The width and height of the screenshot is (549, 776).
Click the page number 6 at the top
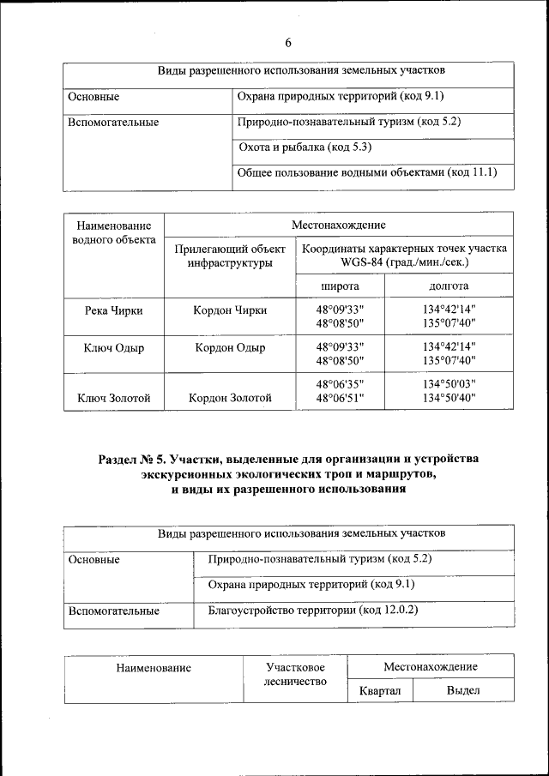[288, 43]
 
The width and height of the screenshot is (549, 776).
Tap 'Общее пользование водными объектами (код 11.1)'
[367, 173]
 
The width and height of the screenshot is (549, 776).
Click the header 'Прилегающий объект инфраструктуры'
[230, 256]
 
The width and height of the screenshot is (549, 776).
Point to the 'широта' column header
[340, 286]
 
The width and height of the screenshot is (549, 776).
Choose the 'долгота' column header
[449, 286]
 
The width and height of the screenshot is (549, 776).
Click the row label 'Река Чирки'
[114, 310]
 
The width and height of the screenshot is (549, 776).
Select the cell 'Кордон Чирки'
[230, 310]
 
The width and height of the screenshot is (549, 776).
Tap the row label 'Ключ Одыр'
[114, 348]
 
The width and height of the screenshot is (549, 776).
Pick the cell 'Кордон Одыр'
[230, 348]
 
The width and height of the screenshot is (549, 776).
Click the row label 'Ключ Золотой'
[114, 398]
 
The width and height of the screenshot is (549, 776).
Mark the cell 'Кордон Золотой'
[230, 398]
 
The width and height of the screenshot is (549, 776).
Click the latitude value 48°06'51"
[340, 398]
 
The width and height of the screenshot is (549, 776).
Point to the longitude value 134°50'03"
[449, 383]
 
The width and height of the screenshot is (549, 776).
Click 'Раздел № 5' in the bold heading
[134, 460]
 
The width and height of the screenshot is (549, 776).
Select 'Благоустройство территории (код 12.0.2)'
[312, 611]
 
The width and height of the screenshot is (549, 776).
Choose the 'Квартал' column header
[380, 690]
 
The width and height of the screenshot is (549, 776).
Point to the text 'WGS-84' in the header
[364, 262]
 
